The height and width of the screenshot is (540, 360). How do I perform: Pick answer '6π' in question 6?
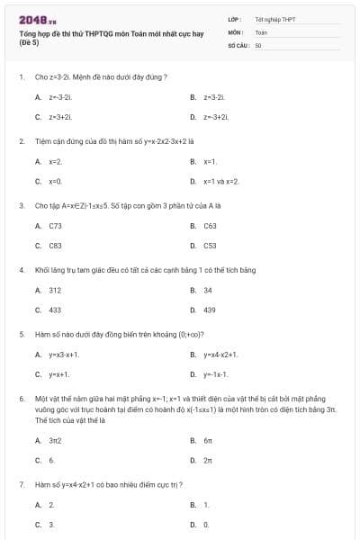click(208, 440)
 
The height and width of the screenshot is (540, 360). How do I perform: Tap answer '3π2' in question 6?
click(55, 440)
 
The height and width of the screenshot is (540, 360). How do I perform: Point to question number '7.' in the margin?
click(21, 484)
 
